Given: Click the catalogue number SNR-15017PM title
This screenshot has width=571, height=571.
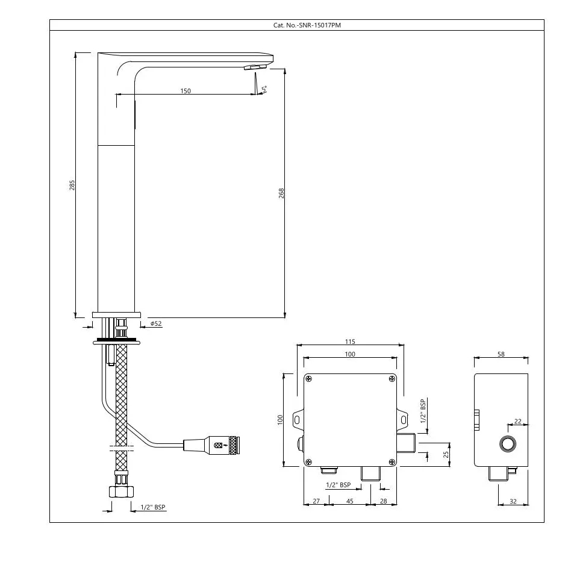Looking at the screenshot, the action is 307,25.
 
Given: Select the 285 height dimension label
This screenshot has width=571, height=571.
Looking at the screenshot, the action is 72,185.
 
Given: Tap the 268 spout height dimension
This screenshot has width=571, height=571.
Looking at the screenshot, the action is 281,193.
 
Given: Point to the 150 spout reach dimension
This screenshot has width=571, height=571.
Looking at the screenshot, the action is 186,91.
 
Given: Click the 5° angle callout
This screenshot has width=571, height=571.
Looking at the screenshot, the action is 264,89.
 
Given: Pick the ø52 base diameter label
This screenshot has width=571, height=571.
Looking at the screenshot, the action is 156,323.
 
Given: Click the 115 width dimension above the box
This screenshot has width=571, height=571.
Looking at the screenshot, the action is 350,342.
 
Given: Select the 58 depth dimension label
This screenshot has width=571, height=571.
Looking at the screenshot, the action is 501,354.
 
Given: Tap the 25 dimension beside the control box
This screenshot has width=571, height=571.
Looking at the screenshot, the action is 446,455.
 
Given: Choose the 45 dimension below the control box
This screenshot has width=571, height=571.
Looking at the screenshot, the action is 349,501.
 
